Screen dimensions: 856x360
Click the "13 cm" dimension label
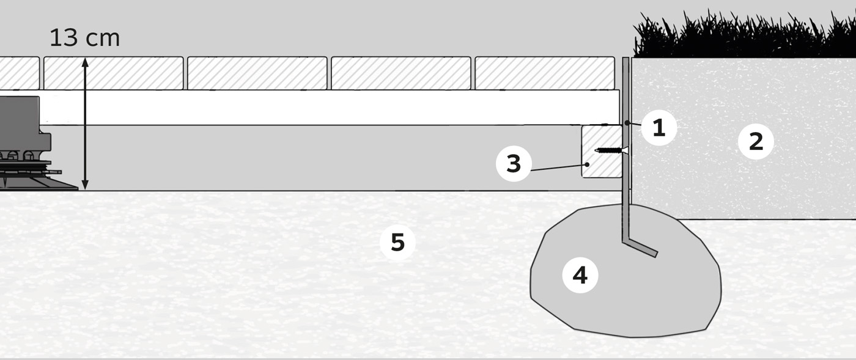pyautogui.click(x=84, y=38)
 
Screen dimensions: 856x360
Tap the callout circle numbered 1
pyautogui.click(x=659, y=128)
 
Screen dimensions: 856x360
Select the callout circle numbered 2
pyautogui.click(x=756, y=142)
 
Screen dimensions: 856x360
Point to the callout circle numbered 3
pyautogui.click(x=514, y=164)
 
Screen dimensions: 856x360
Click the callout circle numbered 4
pyautogui.click(x=580, y=275)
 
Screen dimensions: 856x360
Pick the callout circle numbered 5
pyautogui.click(x=397, y=242)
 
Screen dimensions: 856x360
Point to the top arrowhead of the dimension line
pyautogui.click(x=86, y=62)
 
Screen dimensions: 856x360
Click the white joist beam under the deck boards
pyautogui.click(x=330, y=107)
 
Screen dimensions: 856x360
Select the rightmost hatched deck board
pyautogui.click(x=544, y=73)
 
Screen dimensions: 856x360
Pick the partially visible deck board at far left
pyautogui.click(x=18, y=73)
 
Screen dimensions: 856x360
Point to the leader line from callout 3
pyautogui.click(x=556, y=167)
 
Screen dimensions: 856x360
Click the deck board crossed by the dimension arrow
pyautogui.click(x=113, y=73)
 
